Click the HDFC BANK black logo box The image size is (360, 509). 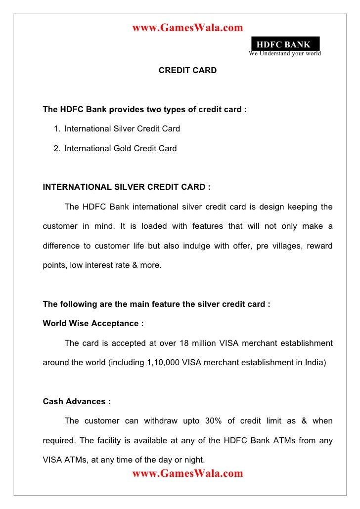284,44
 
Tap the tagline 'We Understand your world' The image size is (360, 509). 285,53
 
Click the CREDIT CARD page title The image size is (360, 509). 187,71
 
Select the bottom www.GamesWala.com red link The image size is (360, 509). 187,474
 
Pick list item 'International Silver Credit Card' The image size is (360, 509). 122,129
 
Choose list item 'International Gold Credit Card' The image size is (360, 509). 120,148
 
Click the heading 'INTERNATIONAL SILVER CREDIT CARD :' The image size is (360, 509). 127,187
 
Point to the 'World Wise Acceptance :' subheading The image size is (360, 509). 93,324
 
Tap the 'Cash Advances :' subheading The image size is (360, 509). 77,402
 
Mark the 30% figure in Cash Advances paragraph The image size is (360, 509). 210,421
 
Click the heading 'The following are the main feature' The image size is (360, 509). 157,304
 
